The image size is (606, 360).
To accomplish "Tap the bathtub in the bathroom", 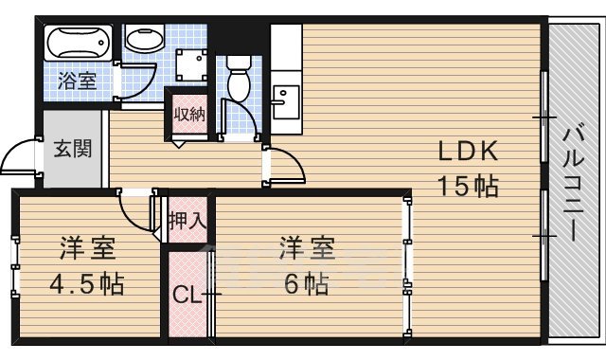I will click(79, 43).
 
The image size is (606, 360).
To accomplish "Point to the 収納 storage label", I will click(188, 114).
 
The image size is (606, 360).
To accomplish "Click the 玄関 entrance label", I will click(72, 149).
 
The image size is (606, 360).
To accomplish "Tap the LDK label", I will click(467, 152).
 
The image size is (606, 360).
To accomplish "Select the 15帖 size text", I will click(467, 185).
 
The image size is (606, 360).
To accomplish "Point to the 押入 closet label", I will click(187, 221).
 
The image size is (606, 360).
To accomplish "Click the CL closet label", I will click(187, 295).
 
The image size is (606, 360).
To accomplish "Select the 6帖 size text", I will click(304, 283).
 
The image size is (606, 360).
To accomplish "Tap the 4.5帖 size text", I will click(86, 283).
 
